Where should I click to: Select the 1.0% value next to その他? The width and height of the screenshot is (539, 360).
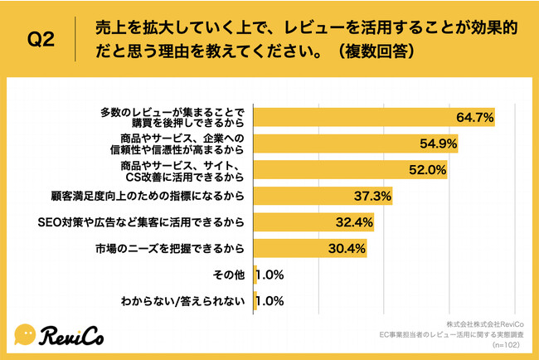point(269,274)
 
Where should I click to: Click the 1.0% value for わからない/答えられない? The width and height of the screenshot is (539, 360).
point(269,300)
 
